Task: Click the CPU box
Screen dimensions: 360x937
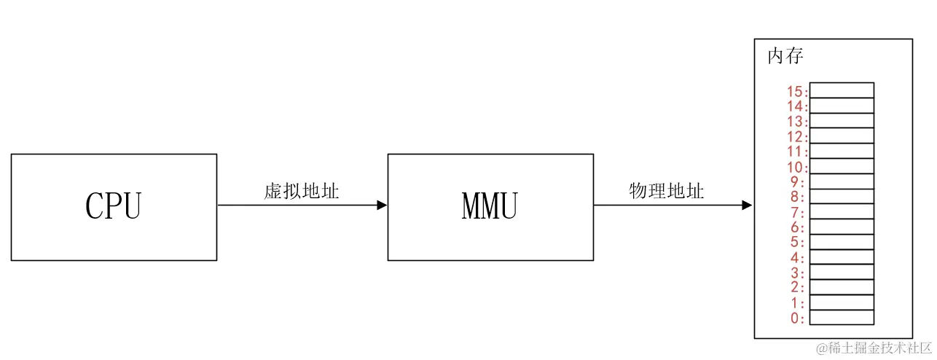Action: pyautogui.click(x=114, y=207)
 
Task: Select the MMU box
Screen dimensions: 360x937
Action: pyautogui.click(x=490, y=207)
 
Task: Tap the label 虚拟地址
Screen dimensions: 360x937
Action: pyautogui.click(x=302, y=192)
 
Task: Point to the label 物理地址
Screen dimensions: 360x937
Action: pyautogui.click(x=667, y=191)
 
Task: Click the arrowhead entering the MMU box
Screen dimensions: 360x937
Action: pyautogui.click(x=382, y=206)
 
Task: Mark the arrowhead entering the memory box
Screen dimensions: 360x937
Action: pyautogui.click(x=747, y=206)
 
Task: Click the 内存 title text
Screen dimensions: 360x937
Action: pyautogui.click(x=785, y=57)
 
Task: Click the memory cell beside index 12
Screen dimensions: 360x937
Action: pyautogui.click(x=842, y=136)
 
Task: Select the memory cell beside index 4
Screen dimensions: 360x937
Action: pyautogui.click(x=842, y=257)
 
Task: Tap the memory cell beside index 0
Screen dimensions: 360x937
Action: pyautogui.click(x=842, y=318)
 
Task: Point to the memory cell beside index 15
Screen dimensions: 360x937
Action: pyautogui.click(x=842, y=90)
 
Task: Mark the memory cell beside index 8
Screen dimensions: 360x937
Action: pyautogui.click(x=842, y=196)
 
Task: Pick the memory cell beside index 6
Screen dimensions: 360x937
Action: pyautogui.click(x=842, y=227)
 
